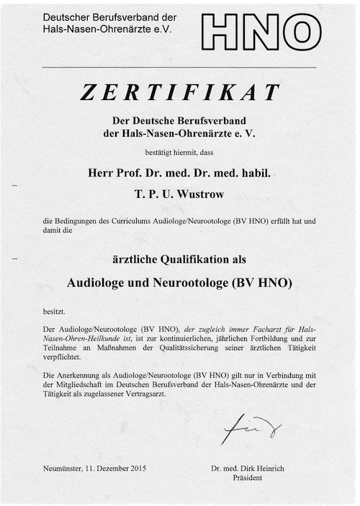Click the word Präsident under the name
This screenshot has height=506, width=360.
(x=247, y=477)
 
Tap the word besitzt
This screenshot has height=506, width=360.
(x=54, y=311)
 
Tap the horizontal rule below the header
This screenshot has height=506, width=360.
(x=179, y=67)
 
